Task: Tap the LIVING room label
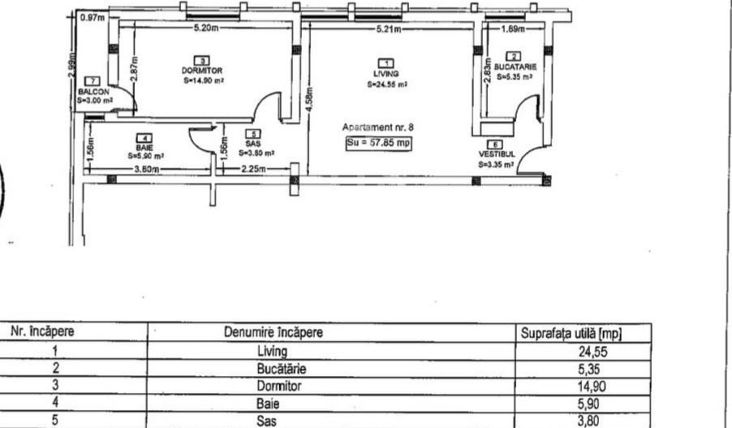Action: coord(387,73)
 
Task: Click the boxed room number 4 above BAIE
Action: coord(145,138)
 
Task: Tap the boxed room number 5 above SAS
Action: coord(256,133)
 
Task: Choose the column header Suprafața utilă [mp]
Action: coord(574,332)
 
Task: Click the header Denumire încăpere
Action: coord(279,332)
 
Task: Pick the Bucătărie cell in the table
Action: coord(279,369)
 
